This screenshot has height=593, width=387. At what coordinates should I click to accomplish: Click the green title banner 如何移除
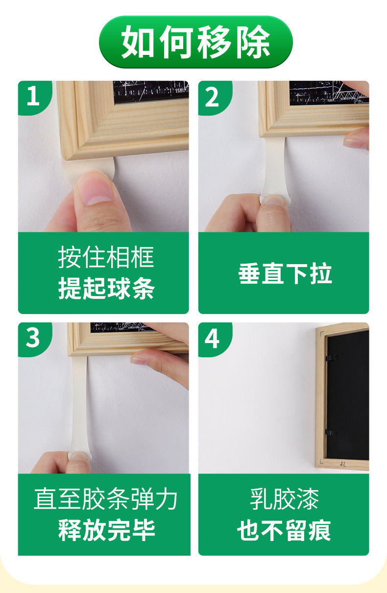(x=195, y=42)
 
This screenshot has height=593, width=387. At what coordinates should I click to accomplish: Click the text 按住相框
(x=106, y=257)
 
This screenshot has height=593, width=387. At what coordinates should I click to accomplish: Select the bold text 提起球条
(x=106, y=288)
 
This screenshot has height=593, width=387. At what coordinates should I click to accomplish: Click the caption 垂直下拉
(x=285, y=273)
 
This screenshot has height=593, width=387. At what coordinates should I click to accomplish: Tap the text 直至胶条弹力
(x=105, y=499)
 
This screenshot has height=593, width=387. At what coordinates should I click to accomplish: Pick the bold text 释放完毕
(x=106, y=530)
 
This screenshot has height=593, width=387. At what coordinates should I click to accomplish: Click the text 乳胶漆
(x=284, y=499)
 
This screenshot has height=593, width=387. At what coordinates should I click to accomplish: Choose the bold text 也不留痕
(x=284, y=530)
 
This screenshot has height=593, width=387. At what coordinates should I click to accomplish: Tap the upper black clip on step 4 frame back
(x=332, y=357)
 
